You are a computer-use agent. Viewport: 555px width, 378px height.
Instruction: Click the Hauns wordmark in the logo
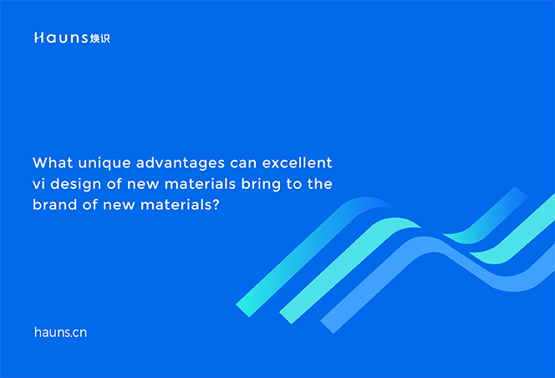60,38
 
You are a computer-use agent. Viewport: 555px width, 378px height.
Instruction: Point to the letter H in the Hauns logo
38,38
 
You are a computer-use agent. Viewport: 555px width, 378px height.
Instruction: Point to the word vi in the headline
38,182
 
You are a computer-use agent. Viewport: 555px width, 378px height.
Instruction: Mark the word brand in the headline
53,203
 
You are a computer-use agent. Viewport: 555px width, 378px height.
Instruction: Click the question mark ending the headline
216,203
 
